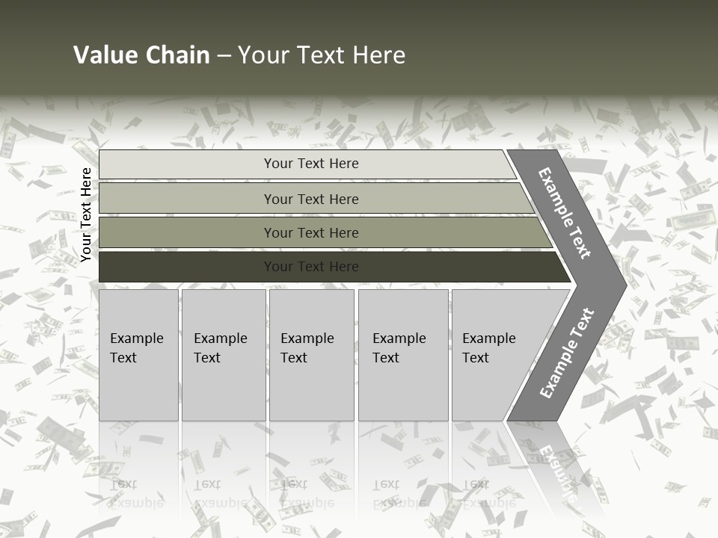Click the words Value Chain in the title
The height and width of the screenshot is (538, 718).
pos(141,55)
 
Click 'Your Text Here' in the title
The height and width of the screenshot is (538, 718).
pos(322,55)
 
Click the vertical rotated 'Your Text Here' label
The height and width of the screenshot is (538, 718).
pos(86,214)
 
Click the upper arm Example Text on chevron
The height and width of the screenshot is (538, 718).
pos(565,214)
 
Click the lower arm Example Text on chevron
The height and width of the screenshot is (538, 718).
pos(567,353)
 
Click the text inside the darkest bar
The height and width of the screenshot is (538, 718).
pos(311,267)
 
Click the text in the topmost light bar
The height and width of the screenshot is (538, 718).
pos(311,164)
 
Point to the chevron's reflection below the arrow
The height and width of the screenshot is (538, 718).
pos(553,463)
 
